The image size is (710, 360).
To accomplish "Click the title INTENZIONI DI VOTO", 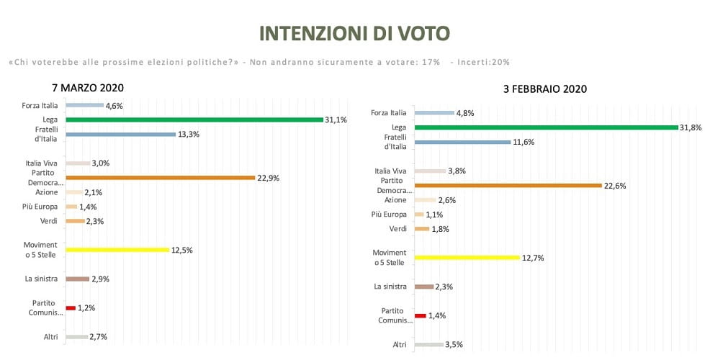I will (354, 34).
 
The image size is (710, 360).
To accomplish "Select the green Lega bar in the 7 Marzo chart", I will (194, 120).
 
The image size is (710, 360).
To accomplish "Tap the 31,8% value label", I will (689, 127).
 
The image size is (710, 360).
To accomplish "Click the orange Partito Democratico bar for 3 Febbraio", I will (508, 185).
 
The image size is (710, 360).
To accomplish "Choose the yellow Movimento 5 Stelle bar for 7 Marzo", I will (117, 250).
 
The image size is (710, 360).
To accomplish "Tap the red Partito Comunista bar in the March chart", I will (71, 307).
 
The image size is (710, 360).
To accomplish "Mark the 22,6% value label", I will (615, 186).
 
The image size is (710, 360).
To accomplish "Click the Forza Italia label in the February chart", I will (389, 112).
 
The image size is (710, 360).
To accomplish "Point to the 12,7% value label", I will (533, 257).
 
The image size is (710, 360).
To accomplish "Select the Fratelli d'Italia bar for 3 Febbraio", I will (462, 142).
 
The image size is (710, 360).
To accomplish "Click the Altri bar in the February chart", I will (429, 344).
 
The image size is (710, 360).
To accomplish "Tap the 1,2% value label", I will (86, 308).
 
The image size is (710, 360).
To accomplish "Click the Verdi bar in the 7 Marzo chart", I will (75, 221).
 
